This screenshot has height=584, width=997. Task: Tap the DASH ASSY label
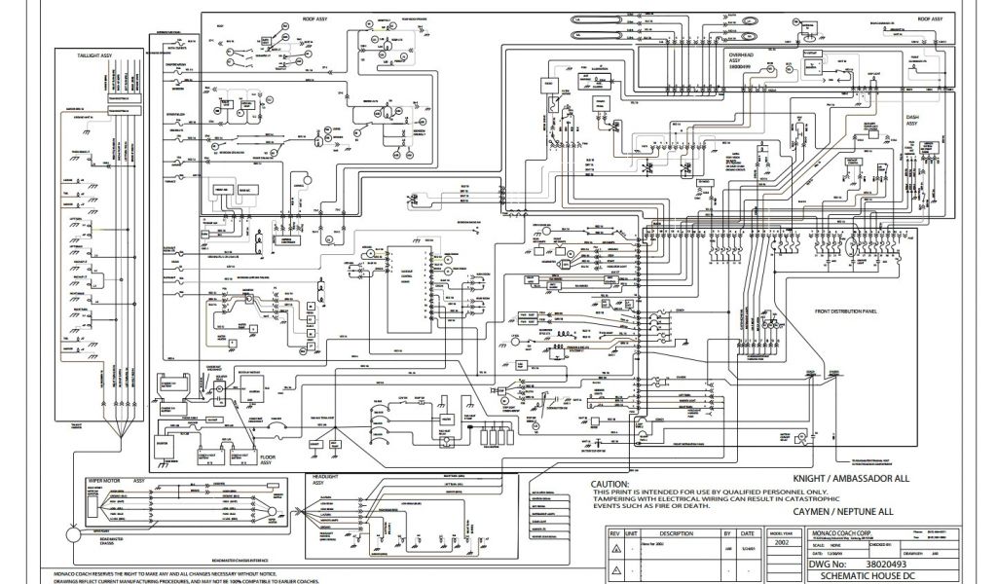[911, 120]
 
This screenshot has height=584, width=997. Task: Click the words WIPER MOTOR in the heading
[102, 480]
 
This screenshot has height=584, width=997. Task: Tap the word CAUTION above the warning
[610, 484]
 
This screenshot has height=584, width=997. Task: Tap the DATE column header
[746, 533]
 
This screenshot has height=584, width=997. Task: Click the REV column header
[614, 533]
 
